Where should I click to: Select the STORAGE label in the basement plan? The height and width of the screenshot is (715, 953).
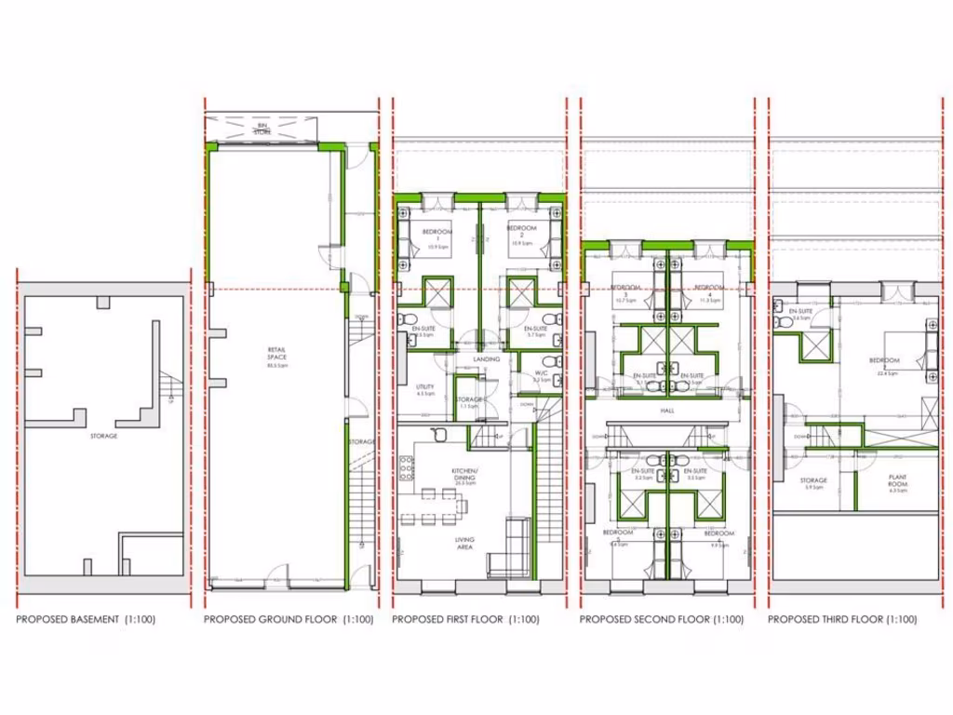(x=103, y=436)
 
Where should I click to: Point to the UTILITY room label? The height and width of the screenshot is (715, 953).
(x=425, y=388)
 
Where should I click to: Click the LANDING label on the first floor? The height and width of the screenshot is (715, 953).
(x=487, y=358)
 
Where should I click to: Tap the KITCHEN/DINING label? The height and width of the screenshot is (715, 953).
(x=464, y=477)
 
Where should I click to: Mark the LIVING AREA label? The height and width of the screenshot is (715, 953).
(x=464, y=544)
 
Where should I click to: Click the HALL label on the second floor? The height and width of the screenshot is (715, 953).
(x=667, y=410)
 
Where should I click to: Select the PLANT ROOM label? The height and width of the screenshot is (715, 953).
(x=897, y=480)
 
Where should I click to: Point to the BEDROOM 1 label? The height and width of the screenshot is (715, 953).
(x=436, y=234)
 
